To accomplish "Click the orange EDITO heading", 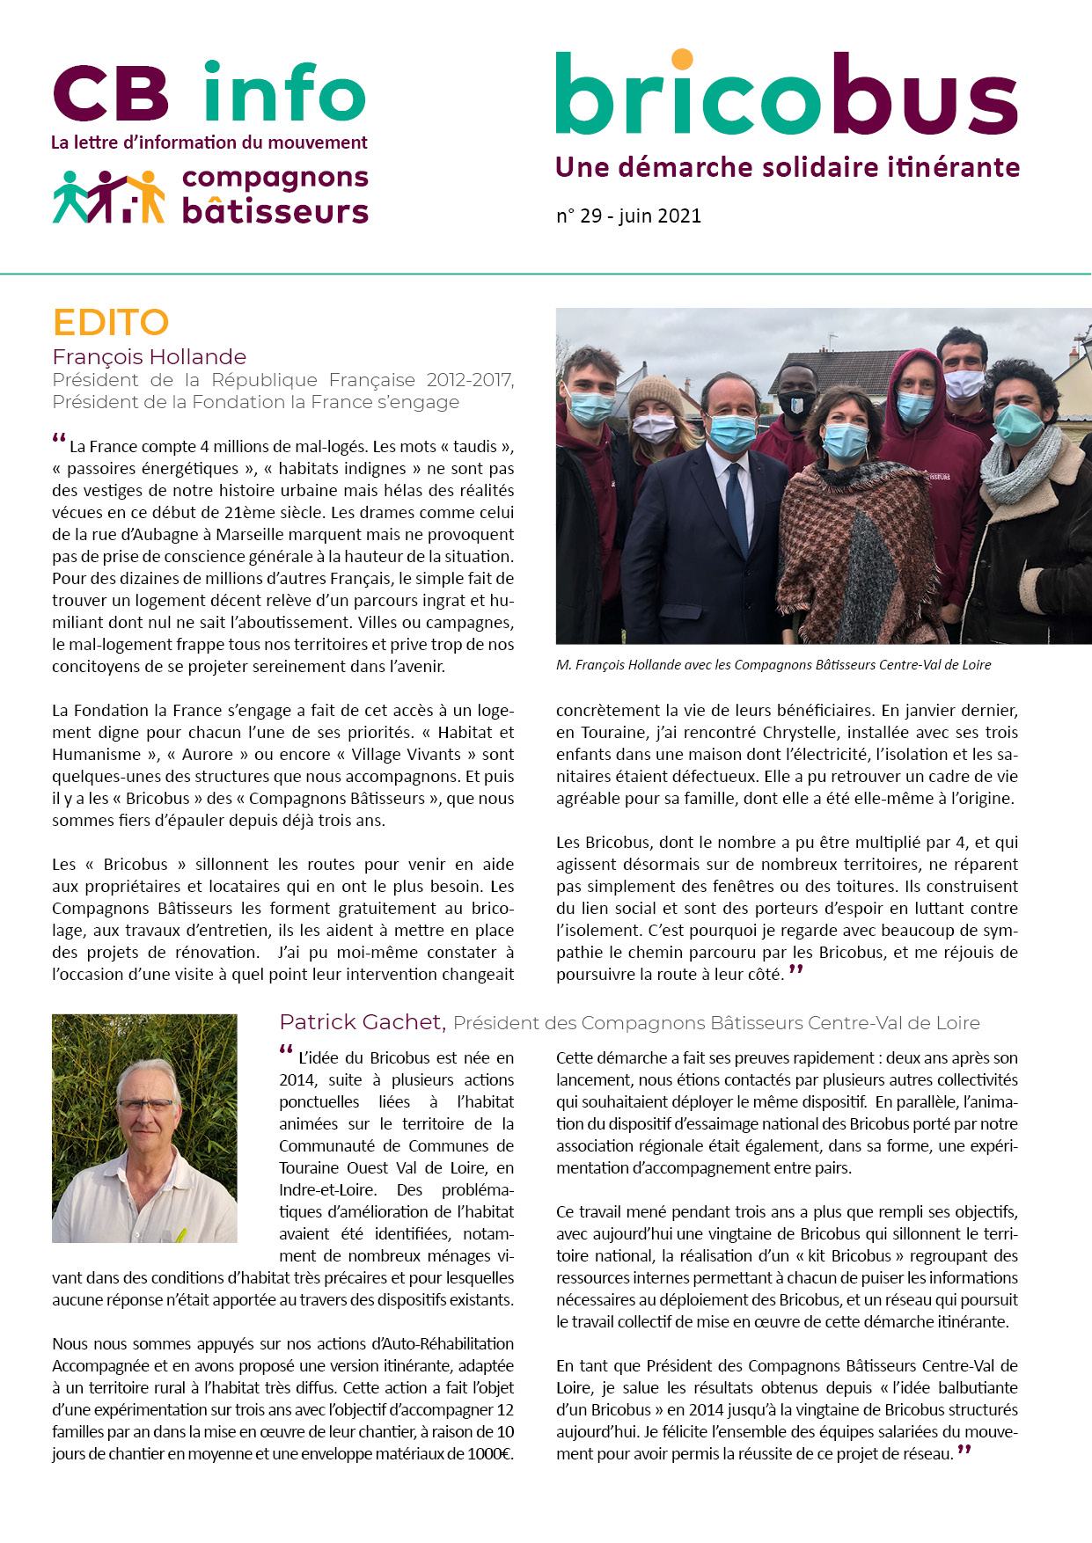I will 111,323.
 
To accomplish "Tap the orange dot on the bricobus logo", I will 682,59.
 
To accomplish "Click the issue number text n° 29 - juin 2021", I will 628,216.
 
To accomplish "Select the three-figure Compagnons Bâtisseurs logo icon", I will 108,196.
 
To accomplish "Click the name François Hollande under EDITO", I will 149,357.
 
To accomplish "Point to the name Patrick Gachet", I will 361,1022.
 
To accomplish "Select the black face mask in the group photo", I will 796,404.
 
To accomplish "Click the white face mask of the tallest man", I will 964,384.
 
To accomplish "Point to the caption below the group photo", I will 773,665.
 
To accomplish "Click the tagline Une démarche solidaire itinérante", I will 788,167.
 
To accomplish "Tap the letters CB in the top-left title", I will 111,94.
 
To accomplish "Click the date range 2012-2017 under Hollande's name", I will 470,380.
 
